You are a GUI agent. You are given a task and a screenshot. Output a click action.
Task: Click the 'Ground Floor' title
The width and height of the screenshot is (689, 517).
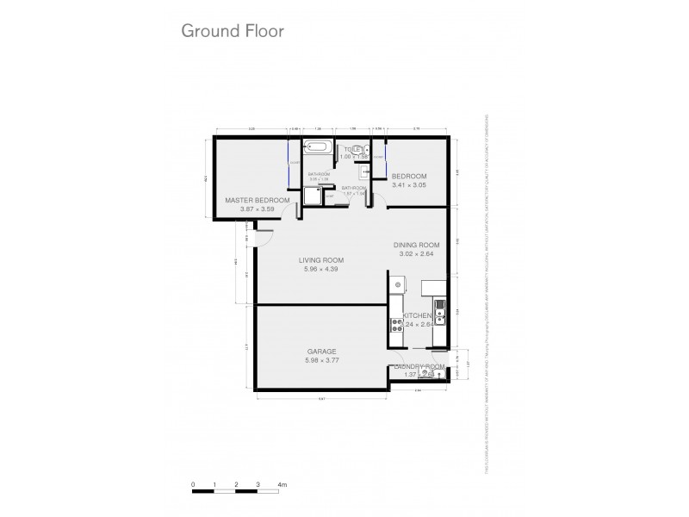232,30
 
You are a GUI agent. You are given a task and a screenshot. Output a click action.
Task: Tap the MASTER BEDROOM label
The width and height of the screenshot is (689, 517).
257,200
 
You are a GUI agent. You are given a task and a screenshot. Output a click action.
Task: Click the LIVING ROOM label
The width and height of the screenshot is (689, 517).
322,260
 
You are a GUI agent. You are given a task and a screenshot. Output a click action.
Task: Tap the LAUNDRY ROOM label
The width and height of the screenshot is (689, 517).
419,367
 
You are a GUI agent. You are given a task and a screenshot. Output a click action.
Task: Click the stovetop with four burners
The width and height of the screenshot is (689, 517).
398,325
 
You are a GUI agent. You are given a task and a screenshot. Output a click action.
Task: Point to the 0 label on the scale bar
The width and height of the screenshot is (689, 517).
194,486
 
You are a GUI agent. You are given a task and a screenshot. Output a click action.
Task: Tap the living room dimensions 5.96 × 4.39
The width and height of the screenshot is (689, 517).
322,270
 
